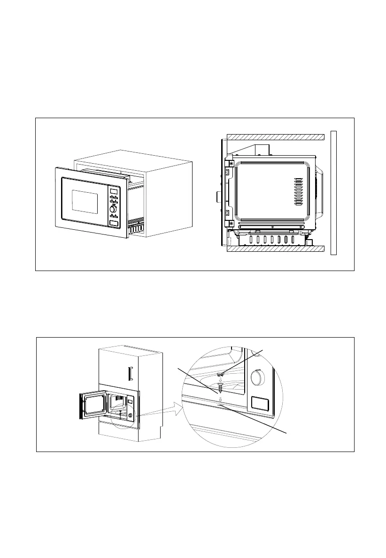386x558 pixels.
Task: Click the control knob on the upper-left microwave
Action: (113, 210)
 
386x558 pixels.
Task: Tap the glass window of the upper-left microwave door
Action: (85, 201)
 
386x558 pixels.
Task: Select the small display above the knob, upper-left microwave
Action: (113, 191)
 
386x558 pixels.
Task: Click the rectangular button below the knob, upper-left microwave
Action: (113, 224)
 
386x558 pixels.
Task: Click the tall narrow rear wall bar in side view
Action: (334, 193)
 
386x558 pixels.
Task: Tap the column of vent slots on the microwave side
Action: (298, 192)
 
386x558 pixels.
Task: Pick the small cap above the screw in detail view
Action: (220, 374)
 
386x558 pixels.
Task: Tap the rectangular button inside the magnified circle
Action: (259, 402)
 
